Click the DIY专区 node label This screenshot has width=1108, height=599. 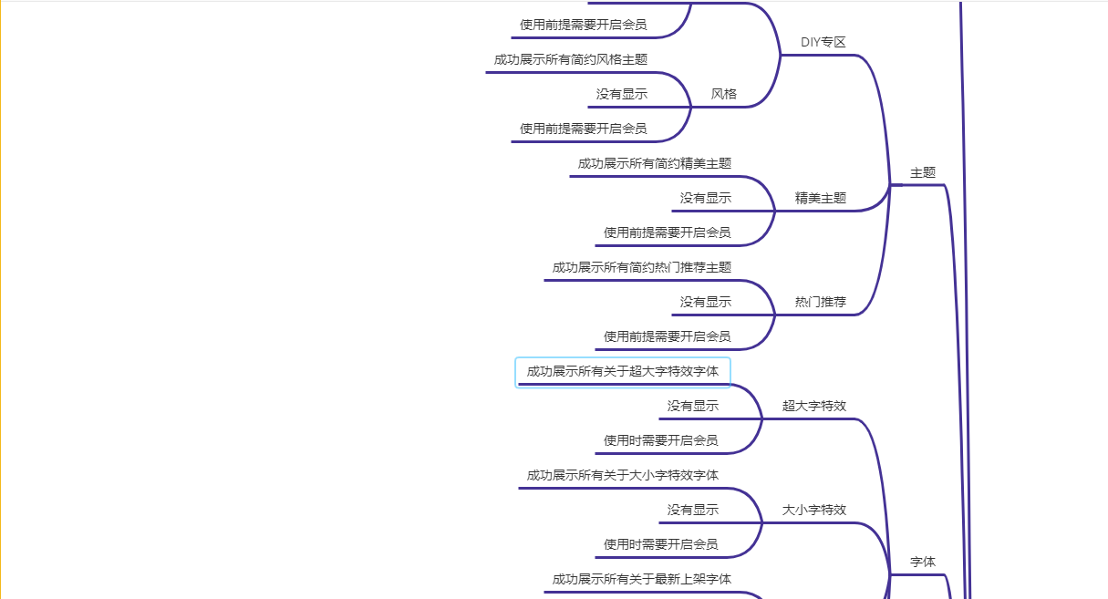pyautogui.click(x=823, y=42)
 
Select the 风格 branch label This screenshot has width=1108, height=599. pyautogui.click(x=724, y=94)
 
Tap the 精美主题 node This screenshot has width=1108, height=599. pyautogui.click(x=820, y=198)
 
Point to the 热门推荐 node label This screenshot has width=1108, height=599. pyautogui.click(x=820, y=302)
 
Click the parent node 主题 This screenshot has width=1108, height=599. pyautogui.click(x=923, y=172)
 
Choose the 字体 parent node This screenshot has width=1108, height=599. pyautogui.click(x=923, y=562)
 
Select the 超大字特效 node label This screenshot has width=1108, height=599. pyautogui.click(x=813, y=406)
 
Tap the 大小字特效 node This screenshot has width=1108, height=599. pyautogui.click(x=813, y=510)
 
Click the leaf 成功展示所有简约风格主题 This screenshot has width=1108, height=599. pyautogui.click(x=571, y=59)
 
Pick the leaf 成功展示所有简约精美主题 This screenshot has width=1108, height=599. pyautogui.click(x=654, y=163)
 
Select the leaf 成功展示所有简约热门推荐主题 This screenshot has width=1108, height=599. pyautogui.click(x=641, y=267)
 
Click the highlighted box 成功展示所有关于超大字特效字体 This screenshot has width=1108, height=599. pyautogui.click(x=623, y=372)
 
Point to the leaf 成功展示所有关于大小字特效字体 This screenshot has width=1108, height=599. pyautogui.click(x=622, y=475)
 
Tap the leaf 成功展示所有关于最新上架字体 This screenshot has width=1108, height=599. pyautogui.click(x=641, y=579)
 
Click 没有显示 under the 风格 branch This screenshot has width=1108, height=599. pyautogui.click(x=622, y=94)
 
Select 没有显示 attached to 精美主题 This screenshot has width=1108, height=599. pyautogui.click(x=705, y=198)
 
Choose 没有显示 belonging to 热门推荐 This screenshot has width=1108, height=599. pyautogui.click(x=705, y=302)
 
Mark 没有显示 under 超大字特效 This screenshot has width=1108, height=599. pyautogui.click(x=692, y=406)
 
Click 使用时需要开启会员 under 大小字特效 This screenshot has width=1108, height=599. pyautogui.click(x=660, y=544)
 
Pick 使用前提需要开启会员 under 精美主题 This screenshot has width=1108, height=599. pyautogui.click(x=667, y=232)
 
